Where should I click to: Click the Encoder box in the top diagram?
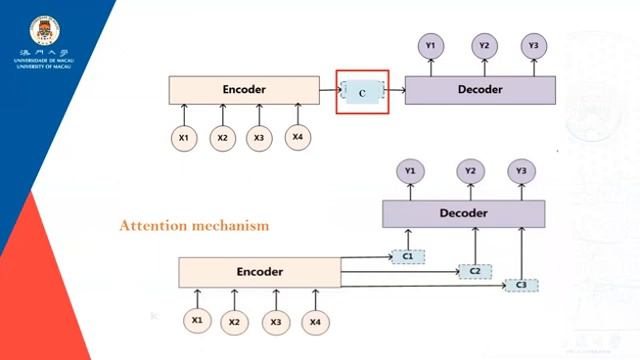click(243, 90)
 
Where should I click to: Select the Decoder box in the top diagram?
click(480, 90)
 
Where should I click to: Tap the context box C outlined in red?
click(361, 91)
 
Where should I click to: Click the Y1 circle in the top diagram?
click(431, 45)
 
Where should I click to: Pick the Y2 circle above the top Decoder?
click(484, 45)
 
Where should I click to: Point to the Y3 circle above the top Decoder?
click(534, 45)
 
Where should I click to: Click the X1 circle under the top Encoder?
click(183, 138)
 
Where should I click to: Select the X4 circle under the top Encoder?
click(297, 136)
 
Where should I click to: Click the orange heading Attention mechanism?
click(194, 226)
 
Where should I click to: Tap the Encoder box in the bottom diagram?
click(259, 272)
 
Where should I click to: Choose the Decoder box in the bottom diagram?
click(463, 214)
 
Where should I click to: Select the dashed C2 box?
click(474, 271)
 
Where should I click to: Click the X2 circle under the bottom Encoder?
click(234, 321)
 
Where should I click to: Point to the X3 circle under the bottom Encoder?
click(276, 321)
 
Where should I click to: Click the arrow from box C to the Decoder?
click(397, 91)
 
